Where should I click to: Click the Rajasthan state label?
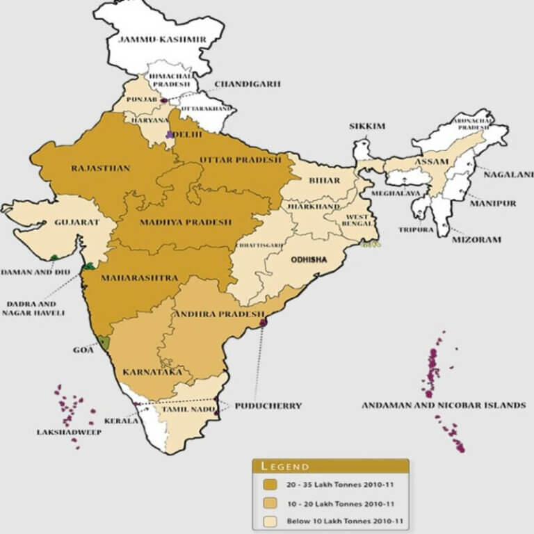pyautogui.click(x=92, y=168)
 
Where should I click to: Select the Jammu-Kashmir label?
pyautogui.click(x=162, y=40)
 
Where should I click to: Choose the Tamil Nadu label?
pyautogui.click(x=181, y=410)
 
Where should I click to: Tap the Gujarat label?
pyautogui.click(x=76, y=223)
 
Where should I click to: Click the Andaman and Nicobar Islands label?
pyautogui.click(x=443, y=405)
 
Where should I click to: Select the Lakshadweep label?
pyautogui.click(x=69, y=432)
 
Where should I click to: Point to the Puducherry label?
pyautogui.click(x=268, y=405)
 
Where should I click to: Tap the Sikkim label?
pyautogui.click(x=367, y=127)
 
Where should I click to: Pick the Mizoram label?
pyautogui.click(x=476, y=238)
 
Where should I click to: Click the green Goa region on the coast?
pyautogui.click(x=104, y=342)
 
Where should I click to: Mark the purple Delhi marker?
pyautogui.click(x=170, y=134)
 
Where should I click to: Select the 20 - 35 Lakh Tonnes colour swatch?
pyautogui.click(x=270, y=485)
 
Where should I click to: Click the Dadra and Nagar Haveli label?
pyautogui.click(x=34, y=308)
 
